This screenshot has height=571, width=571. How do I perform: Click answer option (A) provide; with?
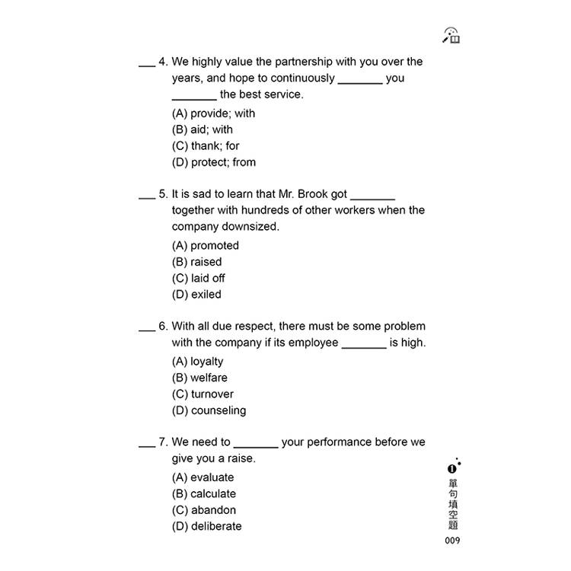click(x=213, y=113)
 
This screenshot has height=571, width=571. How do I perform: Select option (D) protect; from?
click(x=213, y=162)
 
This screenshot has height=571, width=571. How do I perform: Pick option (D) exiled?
click(x=196, y=295)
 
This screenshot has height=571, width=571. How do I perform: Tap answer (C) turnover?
click(x=203, y=394)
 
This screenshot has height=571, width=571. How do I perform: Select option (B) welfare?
click(x=199, y=378)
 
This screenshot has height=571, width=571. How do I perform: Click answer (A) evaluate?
click(x=203, y=477)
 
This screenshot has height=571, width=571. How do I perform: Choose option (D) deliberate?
click(x=206, y=526)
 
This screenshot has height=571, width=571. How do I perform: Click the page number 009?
click(x=453, y=541)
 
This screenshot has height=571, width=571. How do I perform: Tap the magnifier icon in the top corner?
click(x=451, y=34)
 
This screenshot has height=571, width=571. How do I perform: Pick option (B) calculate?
click(x=203, y=494)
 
